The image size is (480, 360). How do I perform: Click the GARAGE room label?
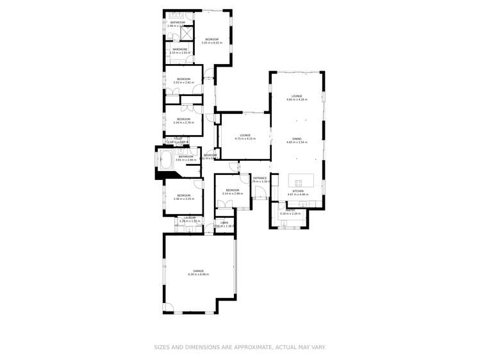point(198,271)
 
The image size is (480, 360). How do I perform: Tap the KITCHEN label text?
point(298,191)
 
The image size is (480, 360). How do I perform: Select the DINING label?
point(297,138)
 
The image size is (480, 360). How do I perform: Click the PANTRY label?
point(290,209)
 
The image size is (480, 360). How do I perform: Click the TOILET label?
point(178,138)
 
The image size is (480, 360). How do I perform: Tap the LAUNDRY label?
point(189,218)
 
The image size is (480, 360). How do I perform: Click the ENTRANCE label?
point(260,178)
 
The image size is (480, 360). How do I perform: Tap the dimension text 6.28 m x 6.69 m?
point(198,274)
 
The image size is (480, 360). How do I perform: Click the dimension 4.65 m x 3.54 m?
point(297,142)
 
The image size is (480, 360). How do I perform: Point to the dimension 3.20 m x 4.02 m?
point(211,43)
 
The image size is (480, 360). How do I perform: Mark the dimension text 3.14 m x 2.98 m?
point(232,193)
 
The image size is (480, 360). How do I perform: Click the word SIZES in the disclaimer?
point(162,347)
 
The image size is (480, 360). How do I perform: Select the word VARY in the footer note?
point(317,347)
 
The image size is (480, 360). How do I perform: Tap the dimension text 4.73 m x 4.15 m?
point(245,138)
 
